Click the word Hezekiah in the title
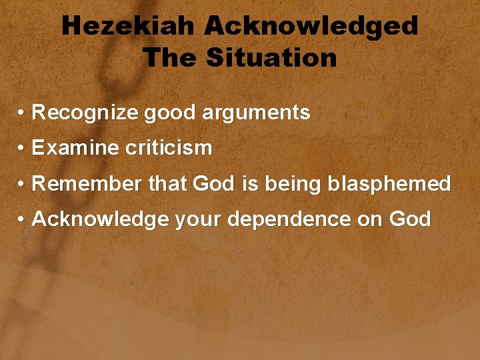128,27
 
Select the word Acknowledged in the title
311,27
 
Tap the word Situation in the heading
271,58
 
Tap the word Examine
75,148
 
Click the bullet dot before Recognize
22,113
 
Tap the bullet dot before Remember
22,184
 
